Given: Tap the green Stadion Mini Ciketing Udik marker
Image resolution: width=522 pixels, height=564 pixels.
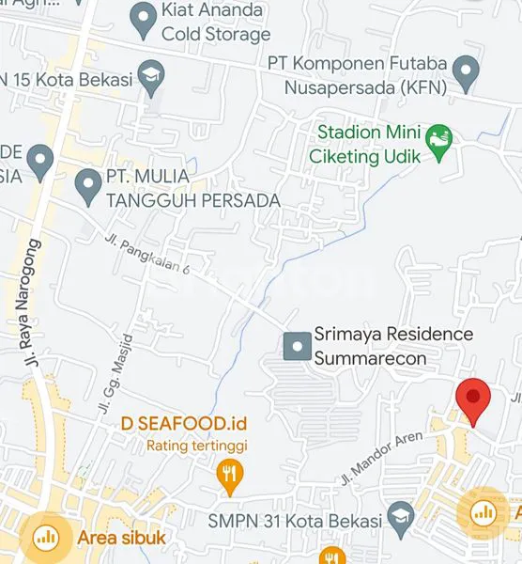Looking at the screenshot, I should [438, 141].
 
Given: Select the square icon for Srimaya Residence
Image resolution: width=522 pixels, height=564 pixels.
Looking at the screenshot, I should [298, 347].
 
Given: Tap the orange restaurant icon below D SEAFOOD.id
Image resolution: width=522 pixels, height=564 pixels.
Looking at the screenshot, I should [229, 474].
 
